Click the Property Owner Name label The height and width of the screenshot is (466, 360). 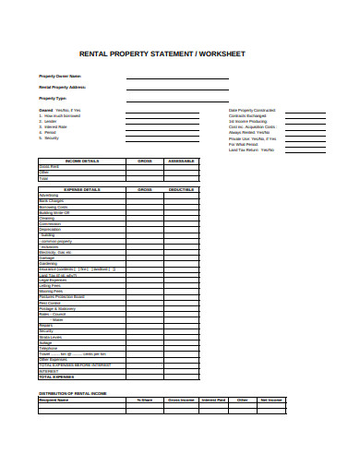coord(60,76)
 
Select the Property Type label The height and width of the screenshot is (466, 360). coord(53,97)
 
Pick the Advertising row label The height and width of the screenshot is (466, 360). coord(48,196)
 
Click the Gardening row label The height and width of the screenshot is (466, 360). coord(48,263)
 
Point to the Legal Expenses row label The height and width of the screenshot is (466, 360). coord(52,281)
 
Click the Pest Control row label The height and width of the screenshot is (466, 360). coord(49,303)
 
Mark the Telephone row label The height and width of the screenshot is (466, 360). coord(48,347)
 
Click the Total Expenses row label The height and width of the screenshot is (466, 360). coord(56,376)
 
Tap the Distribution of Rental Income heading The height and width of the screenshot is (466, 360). coord(74,394)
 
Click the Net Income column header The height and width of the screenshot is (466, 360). coord(270,400)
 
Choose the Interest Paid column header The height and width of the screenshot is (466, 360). coord(213,400)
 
